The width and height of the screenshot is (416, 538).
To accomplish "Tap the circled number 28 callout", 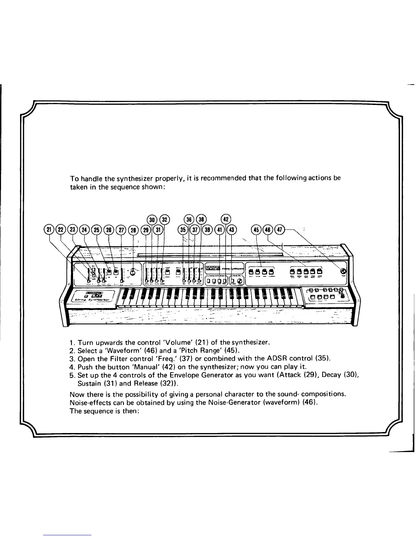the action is pyautogui.click(x=133, y=230).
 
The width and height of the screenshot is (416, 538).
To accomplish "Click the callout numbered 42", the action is pyautogui.click(x=226, y=219).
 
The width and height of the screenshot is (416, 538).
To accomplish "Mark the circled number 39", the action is pyautogui.click(x=208, y=230).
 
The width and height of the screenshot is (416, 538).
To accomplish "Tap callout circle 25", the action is pyautogui.click(x=97, y=230).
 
